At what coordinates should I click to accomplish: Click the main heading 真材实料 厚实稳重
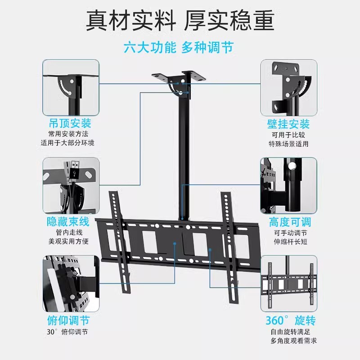coord(180,20)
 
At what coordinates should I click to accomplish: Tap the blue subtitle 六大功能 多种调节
coord(180,47)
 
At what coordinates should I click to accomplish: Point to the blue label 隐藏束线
coord(68,221)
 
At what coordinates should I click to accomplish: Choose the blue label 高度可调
coord(290,222)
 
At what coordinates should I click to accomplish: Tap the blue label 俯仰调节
coord(68,320)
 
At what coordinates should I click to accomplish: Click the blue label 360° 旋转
coord(290,320)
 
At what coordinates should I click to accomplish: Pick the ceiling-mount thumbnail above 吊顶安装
coord(71,88)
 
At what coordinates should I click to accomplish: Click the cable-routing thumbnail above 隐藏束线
coord(71,185)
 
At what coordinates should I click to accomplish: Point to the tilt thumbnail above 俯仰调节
coord(71,283)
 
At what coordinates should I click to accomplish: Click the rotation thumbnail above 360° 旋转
coord(288,283)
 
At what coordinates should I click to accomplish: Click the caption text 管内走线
coord(68,233)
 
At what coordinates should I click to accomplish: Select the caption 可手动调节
coord(290,233)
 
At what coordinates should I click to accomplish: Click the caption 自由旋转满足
coord(290,332)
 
